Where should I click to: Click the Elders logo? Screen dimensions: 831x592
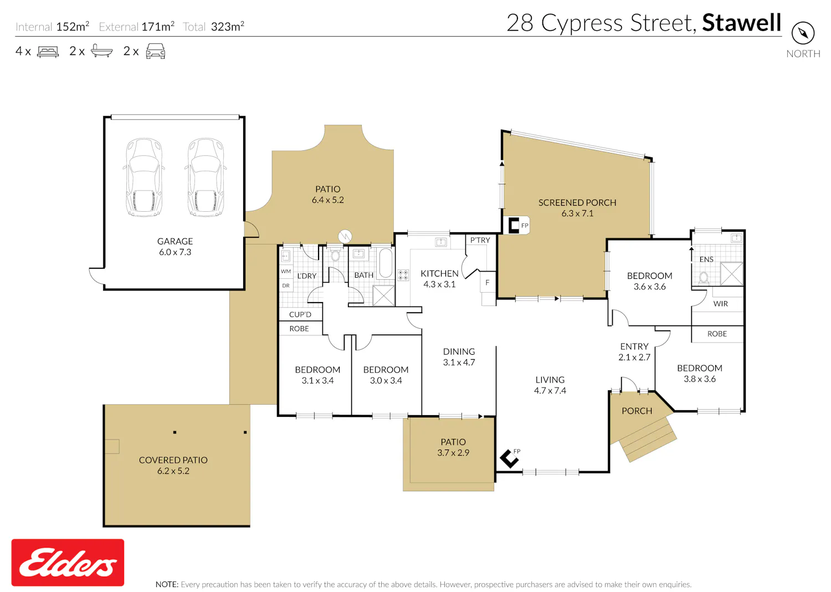[x=68, y=563]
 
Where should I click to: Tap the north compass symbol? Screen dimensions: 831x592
[x=803, y=33]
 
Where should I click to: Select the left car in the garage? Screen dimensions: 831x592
[x=144, y=177]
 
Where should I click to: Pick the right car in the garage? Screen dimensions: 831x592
[x=206, y=177]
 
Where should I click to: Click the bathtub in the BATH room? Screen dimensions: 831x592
[x=386, y=263]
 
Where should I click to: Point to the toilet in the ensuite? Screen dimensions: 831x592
[x=704, y=278]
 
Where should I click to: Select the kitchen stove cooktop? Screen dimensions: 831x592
[x=403, y=275]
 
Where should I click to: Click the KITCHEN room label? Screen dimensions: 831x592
[x=440, y=273]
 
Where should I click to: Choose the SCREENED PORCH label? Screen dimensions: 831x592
[x=577, y=203]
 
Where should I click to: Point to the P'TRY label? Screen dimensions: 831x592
[x=480, y=240]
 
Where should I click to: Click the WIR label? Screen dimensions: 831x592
[x=720, y=304]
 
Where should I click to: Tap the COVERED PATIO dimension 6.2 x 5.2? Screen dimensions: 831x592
[x=173, y=471]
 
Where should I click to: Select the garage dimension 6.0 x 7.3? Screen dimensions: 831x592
[x=175, y=252]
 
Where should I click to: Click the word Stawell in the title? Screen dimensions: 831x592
[x=742, y=23]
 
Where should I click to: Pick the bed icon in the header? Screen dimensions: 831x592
[x=48, y=51]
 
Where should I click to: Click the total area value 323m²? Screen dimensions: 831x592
[x=227, y=27]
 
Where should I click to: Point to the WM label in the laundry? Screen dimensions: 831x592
[x=286, y=271]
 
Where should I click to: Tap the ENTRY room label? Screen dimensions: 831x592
[x=634, y=346]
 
